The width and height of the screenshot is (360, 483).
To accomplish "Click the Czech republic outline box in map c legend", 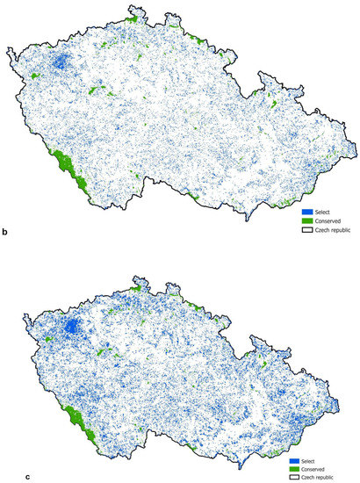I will [x=293, y=477].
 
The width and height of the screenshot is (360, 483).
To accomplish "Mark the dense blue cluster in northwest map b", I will [x=61, y=62].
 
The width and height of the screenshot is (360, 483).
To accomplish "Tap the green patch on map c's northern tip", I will [x=137, y=285].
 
